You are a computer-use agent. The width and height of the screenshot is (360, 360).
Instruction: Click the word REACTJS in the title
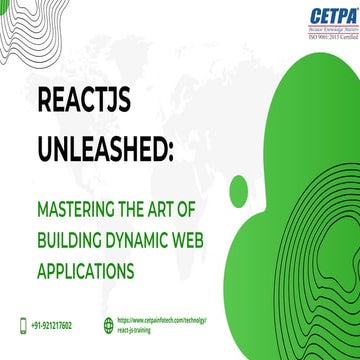[x=82, y=103]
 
